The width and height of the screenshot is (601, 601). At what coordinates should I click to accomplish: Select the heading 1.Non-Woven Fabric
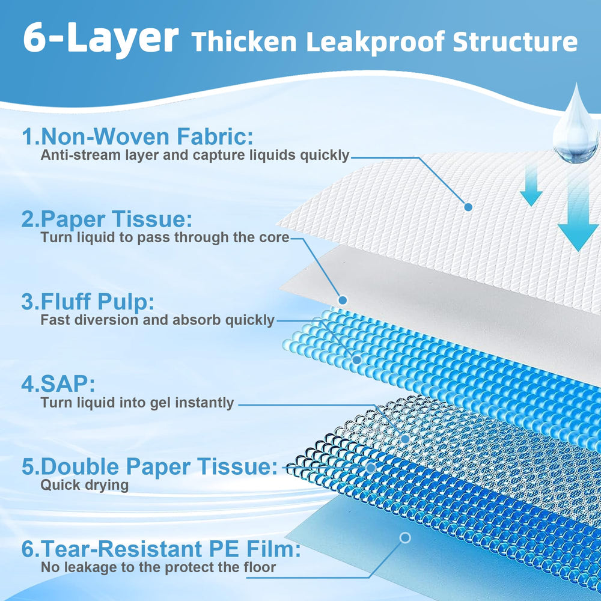tap(137, 136)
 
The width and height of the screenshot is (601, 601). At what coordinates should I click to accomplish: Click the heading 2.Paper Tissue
tap(106, 219)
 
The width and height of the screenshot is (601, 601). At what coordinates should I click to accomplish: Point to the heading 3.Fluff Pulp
tap(88, 301)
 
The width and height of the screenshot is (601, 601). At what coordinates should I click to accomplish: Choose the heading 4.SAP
tap(58, 383)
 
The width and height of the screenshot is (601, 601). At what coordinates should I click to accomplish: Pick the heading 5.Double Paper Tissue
tap(150, 466)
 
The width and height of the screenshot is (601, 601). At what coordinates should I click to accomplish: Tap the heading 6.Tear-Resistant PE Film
tap(161, 549)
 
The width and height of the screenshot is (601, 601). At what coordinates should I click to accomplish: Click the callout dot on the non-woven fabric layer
tap(468, 207)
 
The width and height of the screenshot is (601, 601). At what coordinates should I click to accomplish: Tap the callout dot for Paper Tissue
tap(343, 300)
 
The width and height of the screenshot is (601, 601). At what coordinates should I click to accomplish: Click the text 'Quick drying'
tap(84, 485)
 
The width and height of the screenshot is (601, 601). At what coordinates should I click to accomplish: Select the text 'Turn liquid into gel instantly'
tap(137, 403)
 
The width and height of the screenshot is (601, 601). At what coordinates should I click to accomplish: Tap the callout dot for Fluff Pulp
tap(357, 360)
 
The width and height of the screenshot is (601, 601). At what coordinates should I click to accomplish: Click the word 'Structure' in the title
tap(515, 42)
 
